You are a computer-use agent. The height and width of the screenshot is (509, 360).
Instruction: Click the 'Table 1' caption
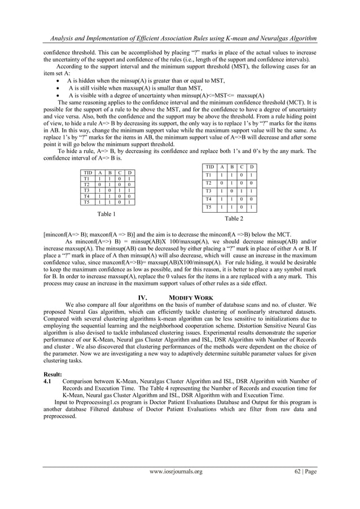(106, 214)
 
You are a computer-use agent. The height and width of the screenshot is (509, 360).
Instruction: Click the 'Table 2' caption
(234, 218)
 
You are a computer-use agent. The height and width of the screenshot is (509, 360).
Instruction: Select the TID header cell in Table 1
(87, 172)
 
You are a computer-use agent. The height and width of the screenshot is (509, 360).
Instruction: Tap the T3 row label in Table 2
(209, 191)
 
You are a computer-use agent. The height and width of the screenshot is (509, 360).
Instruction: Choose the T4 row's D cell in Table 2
(251, 200)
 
